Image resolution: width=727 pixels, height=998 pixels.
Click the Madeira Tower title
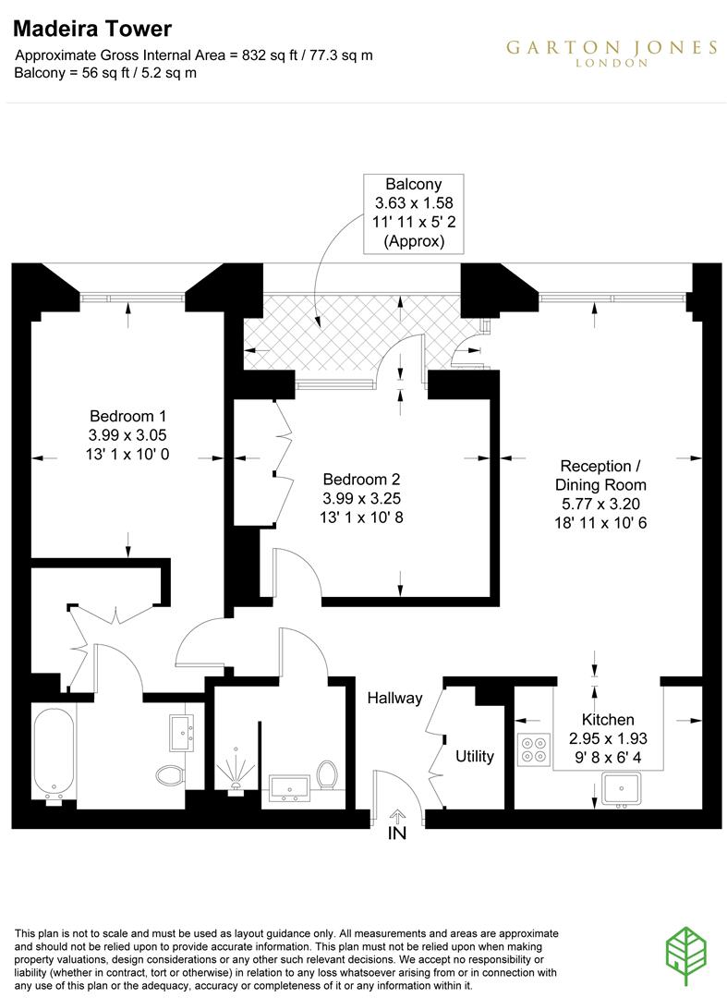click(x=79, y=31)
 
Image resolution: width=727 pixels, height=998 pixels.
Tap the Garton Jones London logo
click(x=611, y=53)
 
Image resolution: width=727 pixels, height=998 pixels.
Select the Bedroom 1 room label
click(x=127, y=416)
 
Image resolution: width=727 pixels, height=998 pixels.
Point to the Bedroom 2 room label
click(x=361, y=480)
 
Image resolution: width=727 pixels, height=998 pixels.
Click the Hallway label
click(x=394, y=698)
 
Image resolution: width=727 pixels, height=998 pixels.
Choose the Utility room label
click(x=475, y=756)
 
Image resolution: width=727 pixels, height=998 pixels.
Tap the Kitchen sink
click(x=620, y=787)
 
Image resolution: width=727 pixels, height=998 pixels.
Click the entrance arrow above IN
click(x=398, y=815)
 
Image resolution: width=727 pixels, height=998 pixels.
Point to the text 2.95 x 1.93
click(x=607, y=738)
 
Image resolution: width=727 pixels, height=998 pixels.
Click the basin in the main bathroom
click(x=182, y=731)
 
